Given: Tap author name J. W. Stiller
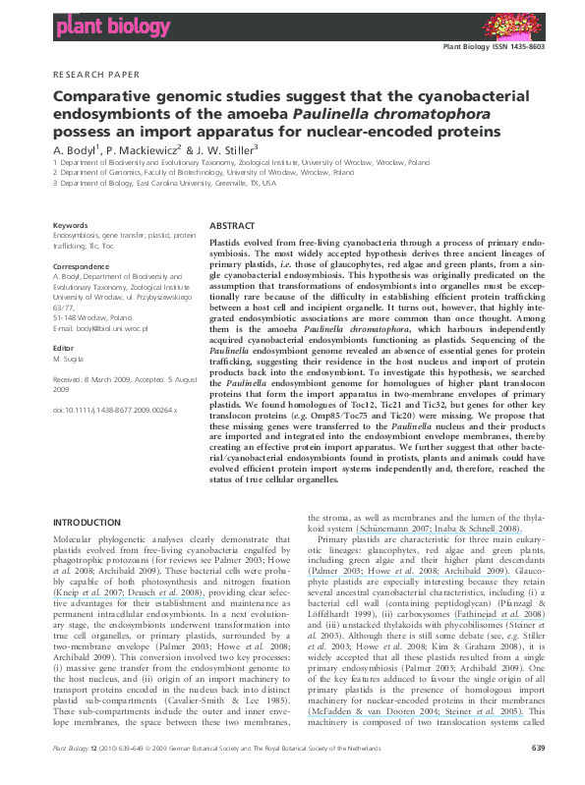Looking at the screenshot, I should point(237,149).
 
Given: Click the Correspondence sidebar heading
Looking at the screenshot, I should point(81,266).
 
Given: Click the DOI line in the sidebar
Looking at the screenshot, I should point(113,408).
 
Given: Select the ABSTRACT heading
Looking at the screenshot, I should point(232,225).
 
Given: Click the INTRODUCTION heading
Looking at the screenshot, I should point(86,522).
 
